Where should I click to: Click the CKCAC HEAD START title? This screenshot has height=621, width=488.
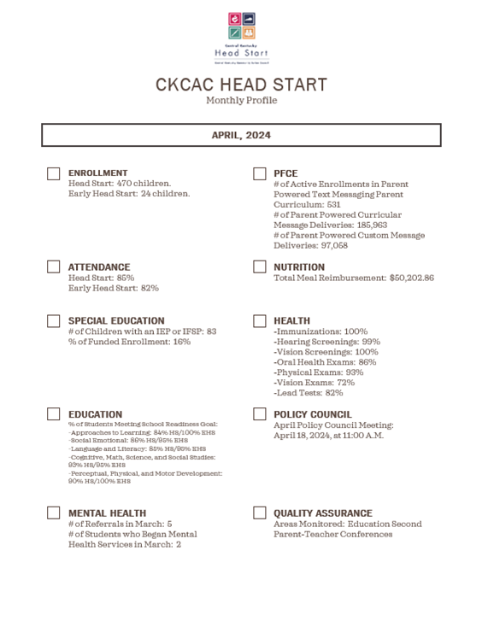click(x=241, y=85)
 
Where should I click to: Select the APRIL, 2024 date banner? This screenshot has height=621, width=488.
click(x=241, y=135)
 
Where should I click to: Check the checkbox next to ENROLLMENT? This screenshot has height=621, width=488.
click(x=54, y=173)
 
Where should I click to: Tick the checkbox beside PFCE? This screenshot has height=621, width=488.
click(x=260, y=173)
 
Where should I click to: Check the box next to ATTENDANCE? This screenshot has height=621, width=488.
click(x=54, y=267)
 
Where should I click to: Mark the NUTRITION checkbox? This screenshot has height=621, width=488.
click(x=260, y=267)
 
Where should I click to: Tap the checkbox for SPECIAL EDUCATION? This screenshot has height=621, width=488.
click(x=54, y=321)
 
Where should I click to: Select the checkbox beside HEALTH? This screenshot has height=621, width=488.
click(x=260, y=321)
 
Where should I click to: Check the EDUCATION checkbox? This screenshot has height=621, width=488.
click(x=54, y=414)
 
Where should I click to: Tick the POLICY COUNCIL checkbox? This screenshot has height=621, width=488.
click(x=260, y=414)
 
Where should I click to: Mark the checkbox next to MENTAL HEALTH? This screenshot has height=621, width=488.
click(x=54, y=513)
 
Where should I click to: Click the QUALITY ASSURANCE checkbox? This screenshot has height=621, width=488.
click(x=260, y=513)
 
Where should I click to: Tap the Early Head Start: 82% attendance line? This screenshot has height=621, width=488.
click(x=114, y=289)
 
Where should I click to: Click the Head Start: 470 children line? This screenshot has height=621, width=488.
click(x=120, y=184)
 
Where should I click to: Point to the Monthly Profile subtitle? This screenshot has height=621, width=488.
click(x=241, y=101)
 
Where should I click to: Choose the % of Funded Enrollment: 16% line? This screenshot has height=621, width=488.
click(x=130, y=342)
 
